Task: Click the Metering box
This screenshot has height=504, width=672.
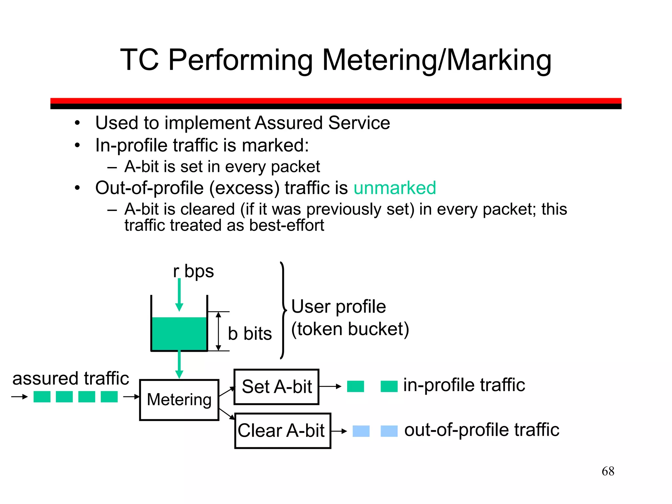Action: pos(179,400)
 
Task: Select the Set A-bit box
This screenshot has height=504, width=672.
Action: pos(276,387)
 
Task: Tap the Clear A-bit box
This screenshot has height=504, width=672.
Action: pos(283,430)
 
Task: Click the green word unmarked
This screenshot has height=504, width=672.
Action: pos(395,188)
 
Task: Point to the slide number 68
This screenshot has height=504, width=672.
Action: pos(608,471)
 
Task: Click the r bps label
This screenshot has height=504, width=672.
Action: pos(193,271)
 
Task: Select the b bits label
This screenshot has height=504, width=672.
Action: pos(250,334)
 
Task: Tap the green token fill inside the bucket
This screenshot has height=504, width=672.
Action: pos(179,333)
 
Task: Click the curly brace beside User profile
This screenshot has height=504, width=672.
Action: pos(283,310)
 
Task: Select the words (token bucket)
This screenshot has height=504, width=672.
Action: pos(350,329)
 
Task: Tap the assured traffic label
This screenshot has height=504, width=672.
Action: pos(71,378)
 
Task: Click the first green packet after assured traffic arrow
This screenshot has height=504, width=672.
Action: pos(42,397)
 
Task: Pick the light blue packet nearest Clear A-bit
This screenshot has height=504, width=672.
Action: pos(361,431)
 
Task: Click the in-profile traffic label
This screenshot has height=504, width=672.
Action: pos(464,385)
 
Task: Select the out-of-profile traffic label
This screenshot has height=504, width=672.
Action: pos(482,430)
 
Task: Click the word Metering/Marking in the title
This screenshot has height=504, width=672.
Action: pos(436,60)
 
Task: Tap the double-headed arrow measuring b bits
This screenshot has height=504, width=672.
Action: pos(219,331)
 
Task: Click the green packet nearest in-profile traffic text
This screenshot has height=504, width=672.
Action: pos(389,387)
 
